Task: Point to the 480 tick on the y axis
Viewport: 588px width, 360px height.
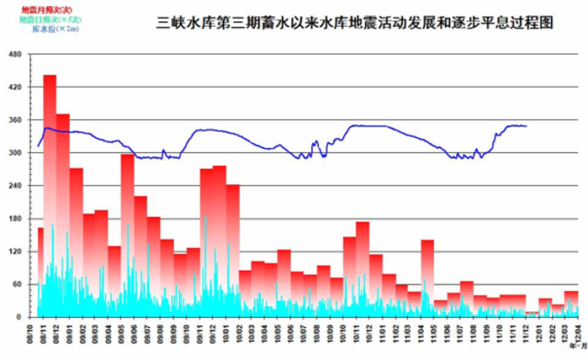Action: [14, 55]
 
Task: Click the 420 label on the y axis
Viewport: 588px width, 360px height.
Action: [14, 87]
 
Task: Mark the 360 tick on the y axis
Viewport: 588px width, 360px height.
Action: [14, 120]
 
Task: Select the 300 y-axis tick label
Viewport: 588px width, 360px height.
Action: [14, 153]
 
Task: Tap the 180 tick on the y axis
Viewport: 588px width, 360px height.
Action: [14, 219]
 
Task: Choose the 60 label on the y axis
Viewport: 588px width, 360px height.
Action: [17, 284]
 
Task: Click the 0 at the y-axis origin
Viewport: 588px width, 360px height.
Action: [19, 317]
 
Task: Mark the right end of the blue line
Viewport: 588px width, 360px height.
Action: [527, 126]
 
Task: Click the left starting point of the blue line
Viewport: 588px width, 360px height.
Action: [38, 146]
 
